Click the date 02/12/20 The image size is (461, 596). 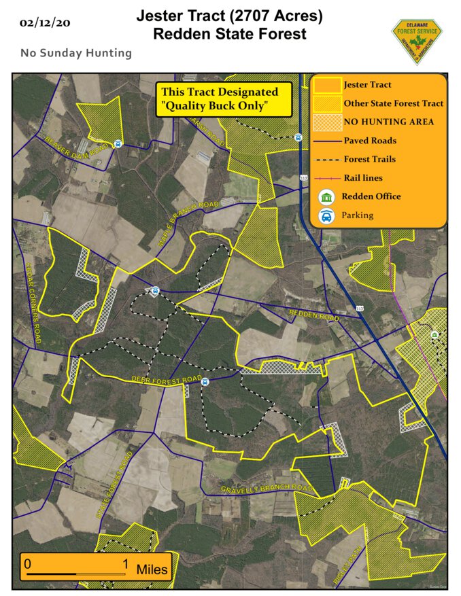[x=45, y=22]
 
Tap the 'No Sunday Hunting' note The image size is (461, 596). [x=76, y=52]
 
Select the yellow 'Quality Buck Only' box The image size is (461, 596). [x=224, y=99]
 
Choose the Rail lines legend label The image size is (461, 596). [x=363, y=178]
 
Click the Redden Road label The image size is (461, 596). [x=313, y=315]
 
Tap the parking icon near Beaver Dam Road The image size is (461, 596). [x=117, y=143]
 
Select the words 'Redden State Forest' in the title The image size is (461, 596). [x=229, y=34]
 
